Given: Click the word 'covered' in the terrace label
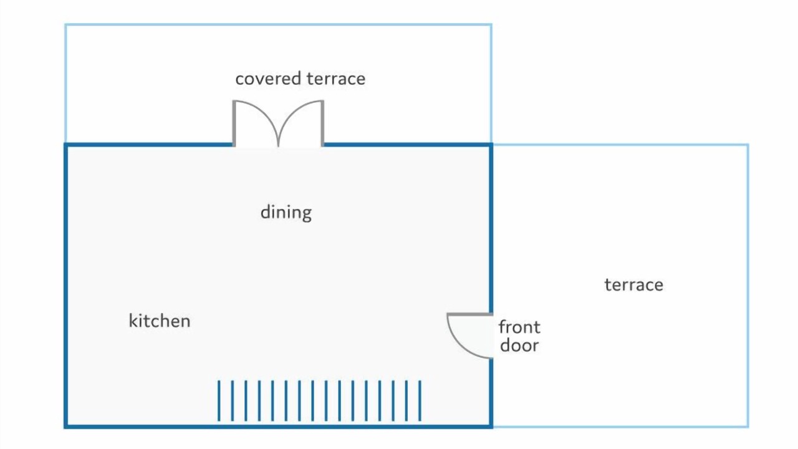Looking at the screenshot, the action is tap(268, 79).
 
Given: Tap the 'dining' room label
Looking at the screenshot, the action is tap(286, 213).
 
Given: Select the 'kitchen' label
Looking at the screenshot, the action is tap(160, 321).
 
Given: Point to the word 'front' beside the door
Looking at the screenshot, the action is tap(519, 327).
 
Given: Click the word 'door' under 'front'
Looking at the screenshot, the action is tap(519, 345).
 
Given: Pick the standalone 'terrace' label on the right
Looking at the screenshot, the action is tap(634, 285).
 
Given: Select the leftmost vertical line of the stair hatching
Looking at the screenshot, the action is tap(219, 401).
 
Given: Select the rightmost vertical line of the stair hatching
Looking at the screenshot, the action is tap(420, 401).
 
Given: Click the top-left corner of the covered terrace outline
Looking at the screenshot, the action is tap(65, 24).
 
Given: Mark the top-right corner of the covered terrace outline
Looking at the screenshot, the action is tap(491, 24).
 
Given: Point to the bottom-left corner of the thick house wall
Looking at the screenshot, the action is tap(66, 426).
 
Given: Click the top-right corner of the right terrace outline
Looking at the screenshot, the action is tap(748, 145).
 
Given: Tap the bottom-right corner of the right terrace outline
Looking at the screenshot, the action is tap(748, 426).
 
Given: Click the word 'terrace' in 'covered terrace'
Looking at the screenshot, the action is tap(336, 79).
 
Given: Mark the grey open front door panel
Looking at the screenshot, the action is tap(470, 314).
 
